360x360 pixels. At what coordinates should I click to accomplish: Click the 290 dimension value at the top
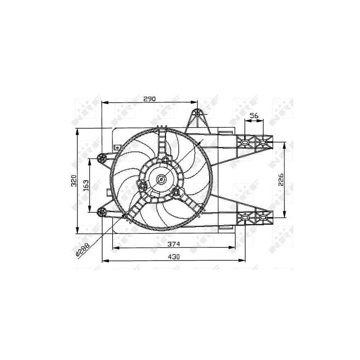pyautogui.click(x=149, y=99)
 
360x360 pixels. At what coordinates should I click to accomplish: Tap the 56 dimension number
pyautogui.click(x=254, y=116)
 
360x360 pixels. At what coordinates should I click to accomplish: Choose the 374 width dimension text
pyautogui.click(x=174, y=244)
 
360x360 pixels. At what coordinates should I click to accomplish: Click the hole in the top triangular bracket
pyautogui.click(x=197, y=114)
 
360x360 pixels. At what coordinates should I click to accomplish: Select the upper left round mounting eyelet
pyautogui.click(x=102, y=157)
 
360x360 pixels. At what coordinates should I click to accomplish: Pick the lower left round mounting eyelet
pyautogui.click(x=102, y=211)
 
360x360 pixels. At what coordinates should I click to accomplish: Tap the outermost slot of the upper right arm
pyautogui.click(x=263, y=143)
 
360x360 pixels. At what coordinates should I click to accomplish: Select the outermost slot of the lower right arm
pyautogui.click(x=263, y=218)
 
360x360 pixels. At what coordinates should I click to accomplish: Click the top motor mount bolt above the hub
pyautogui.click(x=165, y=160)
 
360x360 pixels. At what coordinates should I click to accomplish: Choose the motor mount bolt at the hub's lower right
pyautogui.click(x=176, y=193)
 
